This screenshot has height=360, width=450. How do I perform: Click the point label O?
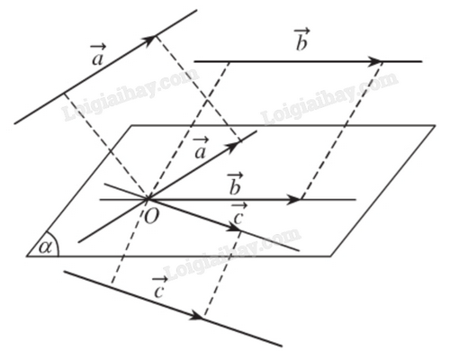(x=151, y=216)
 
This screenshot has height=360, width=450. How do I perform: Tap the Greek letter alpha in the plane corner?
(x=45, y=247)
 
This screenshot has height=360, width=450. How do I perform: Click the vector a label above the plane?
(x=98, y=55)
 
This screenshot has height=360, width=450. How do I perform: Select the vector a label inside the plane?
(x=200, y=148)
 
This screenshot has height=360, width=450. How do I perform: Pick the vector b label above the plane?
(x=301, y=40)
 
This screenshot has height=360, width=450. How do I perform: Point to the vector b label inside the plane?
(x=235, y=184)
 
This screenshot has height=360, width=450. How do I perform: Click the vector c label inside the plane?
(x=238, y=214)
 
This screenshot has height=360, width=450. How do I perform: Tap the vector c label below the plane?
(x=159, y=288)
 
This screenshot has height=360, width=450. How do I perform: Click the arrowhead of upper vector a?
(x=149, y=40)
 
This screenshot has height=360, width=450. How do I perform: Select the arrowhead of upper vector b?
(x=374, y=61)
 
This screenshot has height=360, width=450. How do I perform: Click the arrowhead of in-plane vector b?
(x=293, y=199)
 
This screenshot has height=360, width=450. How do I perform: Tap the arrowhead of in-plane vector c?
(x=234, y=228)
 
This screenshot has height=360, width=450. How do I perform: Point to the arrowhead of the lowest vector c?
(x=197, y=315)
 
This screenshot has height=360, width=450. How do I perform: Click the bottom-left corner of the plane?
(x=27, y=256)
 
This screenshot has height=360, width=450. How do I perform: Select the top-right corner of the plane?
(x=435, y=125)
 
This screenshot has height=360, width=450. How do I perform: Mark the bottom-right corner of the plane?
(x=331, y=256)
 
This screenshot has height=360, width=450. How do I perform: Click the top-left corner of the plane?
(x=131, y=125)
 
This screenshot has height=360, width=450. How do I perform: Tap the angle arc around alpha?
(x=56, y=243)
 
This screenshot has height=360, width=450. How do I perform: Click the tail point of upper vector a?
(x=63, y=94)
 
